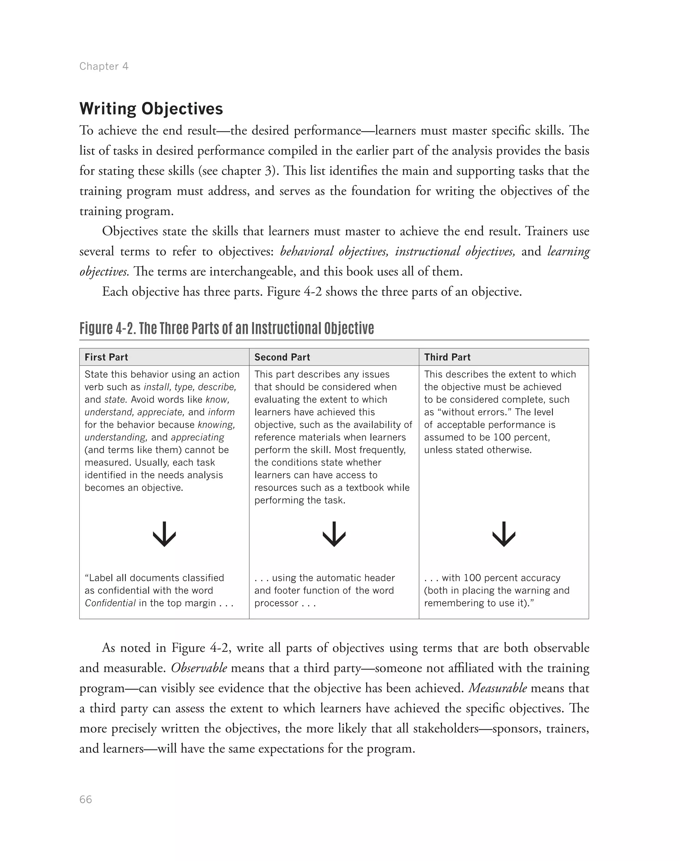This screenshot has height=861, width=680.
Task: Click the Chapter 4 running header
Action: coord(104,66)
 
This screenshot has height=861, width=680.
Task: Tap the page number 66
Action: coord(86,800)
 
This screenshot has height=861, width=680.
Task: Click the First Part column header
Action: coord(106,357)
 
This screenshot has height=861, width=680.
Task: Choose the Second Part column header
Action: coord(282,357)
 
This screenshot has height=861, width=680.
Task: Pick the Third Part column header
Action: coord(447,357)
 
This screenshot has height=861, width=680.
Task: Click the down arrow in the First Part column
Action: coord(164,534)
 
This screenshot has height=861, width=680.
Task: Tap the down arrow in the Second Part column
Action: coord(334,534)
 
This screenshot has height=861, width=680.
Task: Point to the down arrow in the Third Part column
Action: coord(504,534)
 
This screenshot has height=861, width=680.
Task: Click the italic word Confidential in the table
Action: coord(110,603)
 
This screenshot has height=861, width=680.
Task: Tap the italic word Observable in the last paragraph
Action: coord(199,668)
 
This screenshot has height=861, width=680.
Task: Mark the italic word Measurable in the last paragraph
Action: coord(497,688)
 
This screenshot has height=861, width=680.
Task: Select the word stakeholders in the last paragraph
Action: coord(446,729)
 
